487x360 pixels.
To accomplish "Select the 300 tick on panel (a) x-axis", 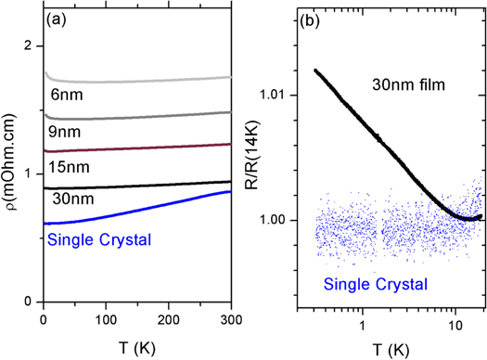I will pyautogui.click(x=229, y=318).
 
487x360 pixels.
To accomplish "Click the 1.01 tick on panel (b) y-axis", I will pyautogui.click(x=276, y=95).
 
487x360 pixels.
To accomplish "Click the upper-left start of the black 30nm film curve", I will pyautogui.click(x=315, y=71).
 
